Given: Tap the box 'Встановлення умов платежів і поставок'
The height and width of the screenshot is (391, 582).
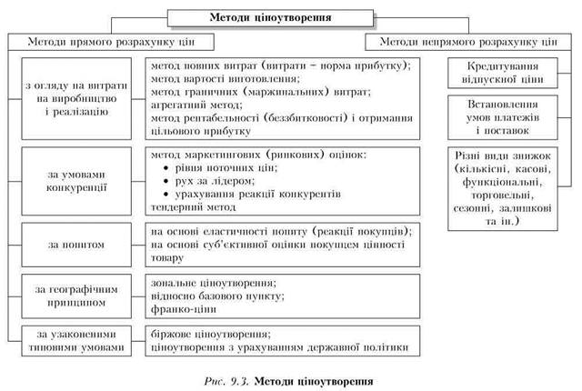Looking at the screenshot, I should [x=500, y=116].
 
